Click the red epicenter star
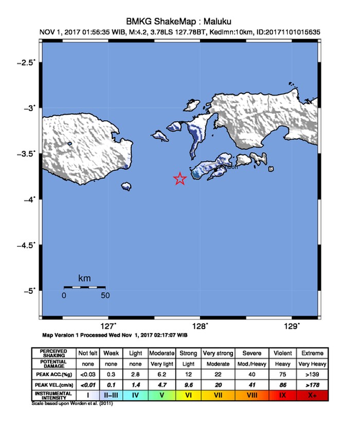180,179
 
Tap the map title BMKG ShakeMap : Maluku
179,22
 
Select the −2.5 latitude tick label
26,62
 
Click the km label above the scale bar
84,278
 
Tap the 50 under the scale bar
105,295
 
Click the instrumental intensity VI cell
188,395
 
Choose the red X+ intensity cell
313,395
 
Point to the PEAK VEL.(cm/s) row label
53,384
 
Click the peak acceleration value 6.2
161,374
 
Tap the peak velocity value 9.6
188,384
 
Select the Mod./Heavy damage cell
252,363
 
